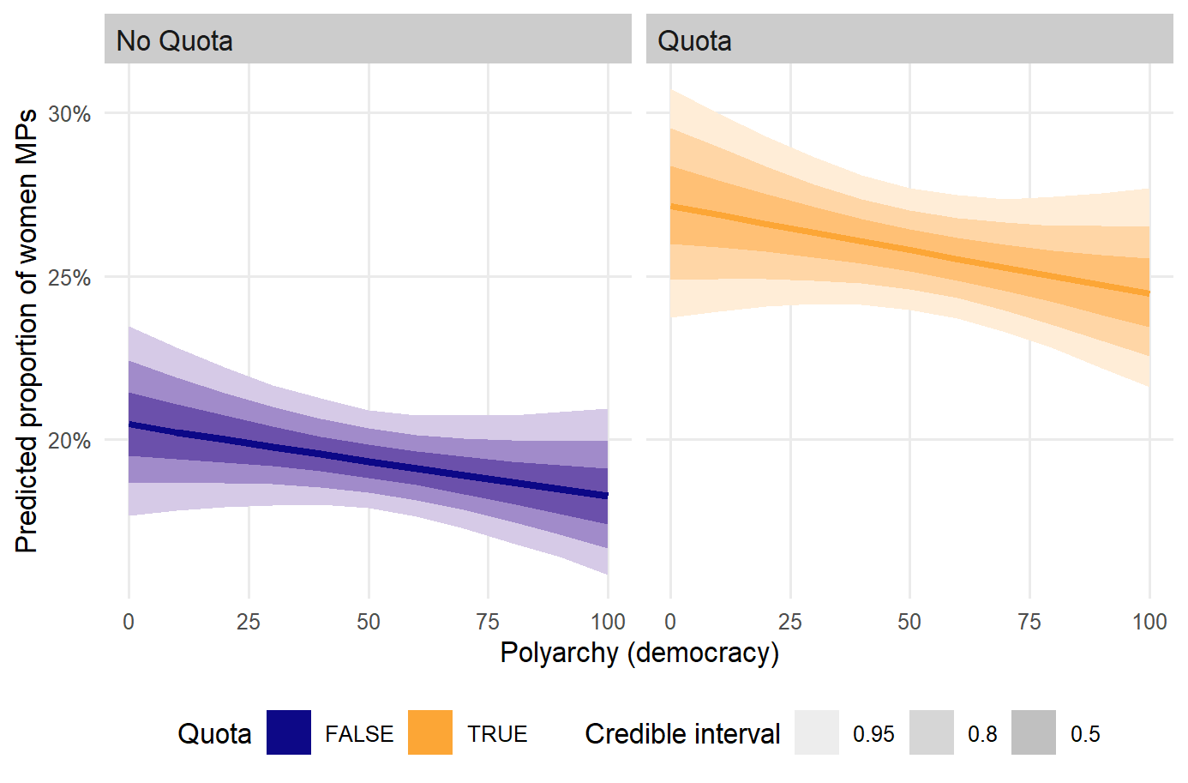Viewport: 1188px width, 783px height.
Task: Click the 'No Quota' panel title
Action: click(x=174, y=40)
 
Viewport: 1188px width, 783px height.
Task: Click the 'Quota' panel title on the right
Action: click(x=694, y=40)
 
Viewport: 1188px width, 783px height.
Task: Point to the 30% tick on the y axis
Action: click(x=69, y=113)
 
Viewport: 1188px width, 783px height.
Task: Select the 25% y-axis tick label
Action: click(x=69, y=277)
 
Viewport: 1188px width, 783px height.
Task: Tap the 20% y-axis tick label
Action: click(x=69, y=441)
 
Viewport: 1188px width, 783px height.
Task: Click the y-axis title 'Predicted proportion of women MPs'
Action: click(x=27, y=331)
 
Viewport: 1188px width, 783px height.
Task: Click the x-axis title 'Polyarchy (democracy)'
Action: click(x=639, y=653)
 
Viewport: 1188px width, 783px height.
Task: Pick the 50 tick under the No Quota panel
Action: click(x=369, y=621)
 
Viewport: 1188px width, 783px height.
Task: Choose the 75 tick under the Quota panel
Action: click(x=1029, y=621)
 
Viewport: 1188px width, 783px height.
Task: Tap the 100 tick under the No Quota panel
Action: click(x=608, y=621)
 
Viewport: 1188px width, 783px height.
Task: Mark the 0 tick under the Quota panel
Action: click(x=670, y=621)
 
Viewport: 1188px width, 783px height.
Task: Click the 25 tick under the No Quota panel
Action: click(x=249, y=621)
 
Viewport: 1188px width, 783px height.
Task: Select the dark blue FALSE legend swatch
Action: click(x=289, y=733)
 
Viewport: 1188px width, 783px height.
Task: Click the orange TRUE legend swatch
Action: click(x=430, y=733)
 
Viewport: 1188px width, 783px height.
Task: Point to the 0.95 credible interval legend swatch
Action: click(x=817, y=733)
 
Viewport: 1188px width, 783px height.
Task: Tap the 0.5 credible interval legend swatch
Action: click(x=1034, y=733)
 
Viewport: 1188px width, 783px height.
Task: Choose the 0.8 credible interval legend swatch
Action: click(x=932, y=733)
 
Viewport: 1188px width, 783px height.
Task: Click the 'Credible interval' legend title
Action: click(x=682, y=734)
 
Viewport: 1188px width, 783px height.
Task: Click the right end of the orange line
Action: click(x=1149, y=293)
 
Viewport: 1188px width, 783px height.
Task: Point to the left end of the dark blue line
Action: click(x=129, y=424)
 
